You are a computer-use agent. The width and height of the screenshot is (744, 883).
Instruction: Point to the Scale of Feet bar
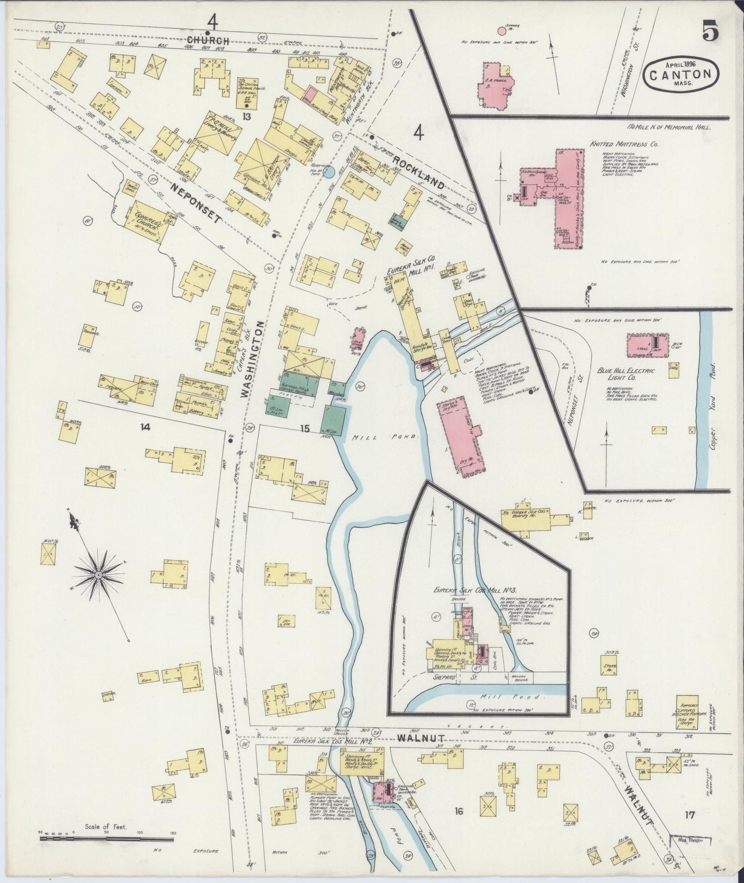[x=106, y=838]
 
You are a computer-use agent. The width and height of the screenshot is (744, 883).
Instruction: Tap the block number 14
[x=146, y=427]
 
